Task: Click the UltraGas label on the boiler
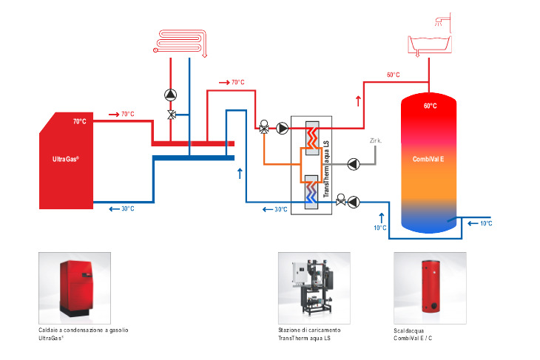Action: (x=66, y=159)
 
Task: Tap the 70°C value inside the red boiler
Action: (x=79, y=121)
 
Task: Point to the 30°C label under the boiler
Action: (x=127, y=209)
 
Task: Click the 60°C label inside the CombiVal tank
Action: (x=430, y=106)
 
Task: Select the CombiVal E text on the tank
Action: (x=429, y=159)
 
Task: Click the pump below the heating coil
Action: (x=171, y=95)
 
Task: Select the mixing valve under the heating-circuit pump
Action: (x=171, y=115)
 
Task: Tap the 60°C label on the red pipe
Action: (x=393, y=75)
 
